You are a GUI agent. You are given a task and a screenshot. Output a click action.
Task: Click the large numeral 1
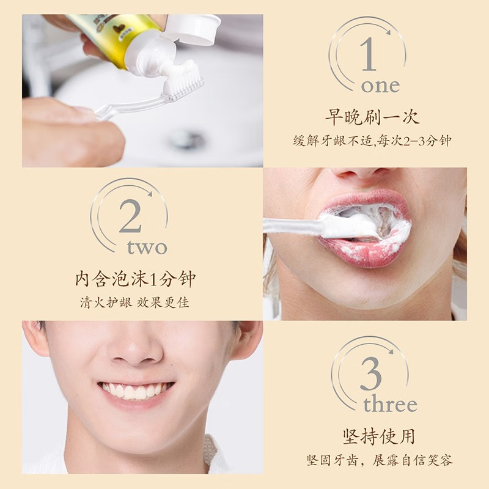point(368,56)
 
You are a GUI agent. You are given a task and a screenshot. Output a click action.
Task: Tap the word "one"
point(380,86)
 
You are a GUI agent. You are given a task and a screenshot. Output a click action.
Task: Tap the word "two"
point(147,247)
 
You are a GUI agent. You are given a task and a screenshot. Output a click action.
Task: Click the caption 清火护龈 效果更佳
point(135,303)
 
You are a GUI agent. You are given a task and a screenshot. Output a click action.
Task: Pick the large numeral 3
point(370,375)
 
